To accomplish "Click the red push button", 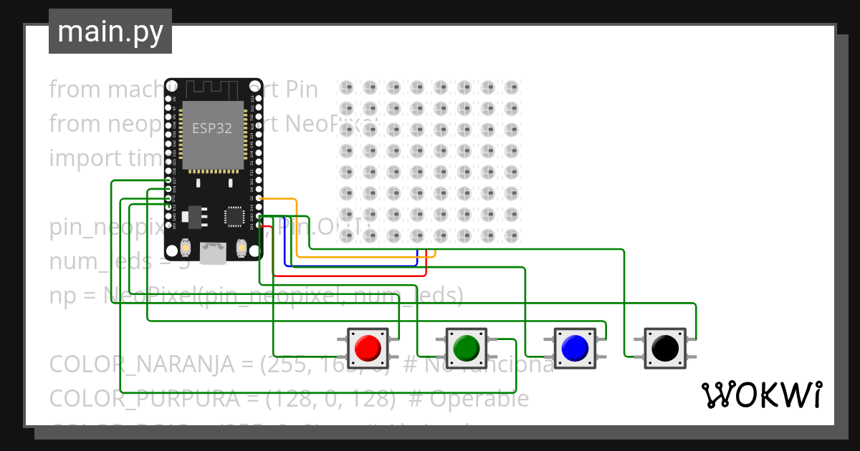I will tap(368, 348).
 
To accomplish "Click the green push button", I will tap(467, 348).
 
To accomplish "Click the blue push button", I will tap(575, 348).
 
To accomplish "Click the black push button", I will tap(664, 348).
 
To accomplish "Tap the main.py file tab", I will tap(110, 31).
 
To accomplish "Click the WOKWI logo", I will tap(761, 394).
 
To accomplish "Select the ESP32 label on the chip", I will tap(211, 129).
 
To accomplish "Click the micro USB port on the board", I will tap(213, 253).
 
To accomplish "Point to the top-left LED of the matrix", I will tap(347, 88).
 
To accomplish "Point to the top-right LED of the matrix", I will tap(510, 88).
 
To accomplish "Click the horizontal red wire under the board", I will tap(351, 275).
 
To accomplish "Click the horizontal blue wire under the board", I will tap(351, 266).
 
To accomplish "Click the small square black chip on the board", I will tap(234, 216).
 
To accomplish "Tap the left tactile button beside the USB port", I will tap(186, 248).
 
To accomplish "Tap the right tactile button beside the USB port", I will tap(241, 248).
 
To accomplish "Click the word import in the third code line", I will tap(81, 157).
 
